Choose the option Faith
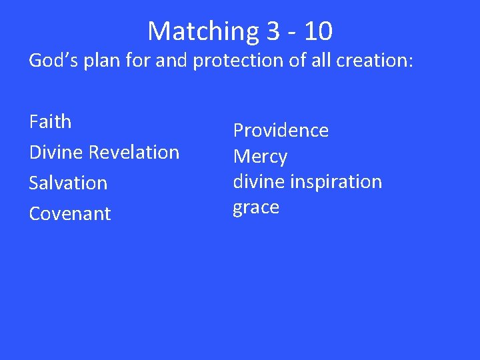click(50, 122)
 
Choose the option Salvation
click(68, 183)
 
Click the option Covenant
click(70, 213)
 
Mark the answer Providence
click(281, 130)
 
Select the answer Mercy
click(260, 157)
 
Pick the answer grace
click(256, 207)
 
